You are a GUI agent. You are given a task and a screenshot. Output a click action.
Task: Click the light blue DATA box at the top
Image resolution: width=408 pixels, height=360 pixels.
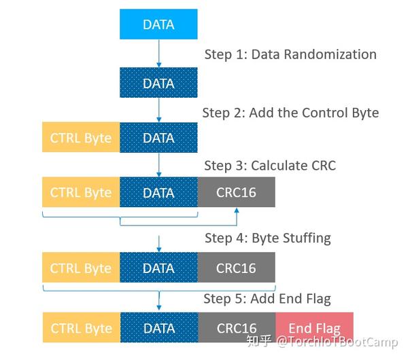(x=158, y=24)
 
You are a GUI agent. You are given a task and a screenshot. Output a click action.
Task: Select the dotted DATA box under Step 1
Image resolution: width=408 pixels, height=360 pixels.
(x=158, y=83)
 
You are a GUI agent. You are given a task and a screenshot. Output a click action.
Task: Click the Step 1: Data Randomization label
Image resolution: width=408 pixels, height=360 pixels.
(x=290, y=54)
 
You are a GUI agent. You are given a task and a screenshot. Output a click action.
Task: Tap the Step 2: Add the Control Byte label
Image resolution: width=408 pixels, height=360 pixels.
(x=290, y=112)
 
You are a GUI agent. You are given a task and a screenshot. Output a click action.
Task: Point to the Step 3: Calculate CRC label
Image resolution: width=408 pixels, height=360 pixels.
(x=270, y=166)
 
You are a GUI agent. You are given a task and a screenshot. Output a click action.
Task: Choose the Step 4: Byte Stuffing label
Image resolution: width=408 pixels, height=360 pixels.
(x=267, y=238)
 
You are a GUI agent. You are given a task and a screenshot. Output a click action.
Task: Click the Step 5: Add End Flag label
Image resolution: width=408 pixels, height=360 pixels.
(x=267, y=299)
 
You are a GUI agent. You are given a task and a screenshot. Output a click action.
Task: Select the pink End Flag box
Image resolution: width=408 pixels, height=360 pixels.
(x=314, y=328)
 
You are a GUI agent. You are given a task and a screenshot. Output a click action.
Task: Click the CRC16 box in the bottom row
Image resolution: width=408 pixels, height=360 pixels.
(x=236, y=328)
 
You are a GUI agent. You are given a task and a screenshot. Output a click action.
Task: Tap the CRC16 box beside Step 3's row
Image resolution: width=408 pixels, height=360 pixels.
(x=236, y=192)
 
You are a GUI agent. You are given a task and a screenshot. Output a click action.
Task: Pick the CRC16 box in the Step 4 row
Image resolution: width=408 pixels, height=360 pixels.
(x=236, y=268)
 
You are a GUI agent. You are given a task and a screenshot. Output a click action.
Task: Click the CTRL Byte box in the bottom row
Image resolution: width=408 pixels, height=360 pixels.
(x=81, y=328)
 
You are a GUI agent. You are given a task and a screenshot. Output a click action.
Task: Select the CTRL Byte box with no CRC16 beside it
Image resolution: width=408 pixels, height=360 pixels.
(x=81, y=138)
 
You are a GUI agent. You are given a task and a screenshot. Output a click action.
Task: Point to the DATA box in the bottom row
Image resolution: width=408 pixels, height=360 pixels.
(x=158, y=328)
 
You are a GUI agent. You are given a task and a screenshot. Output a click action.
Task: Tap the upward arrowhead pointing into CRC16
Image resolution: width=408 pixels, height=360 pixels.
(x=236, y=211)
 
